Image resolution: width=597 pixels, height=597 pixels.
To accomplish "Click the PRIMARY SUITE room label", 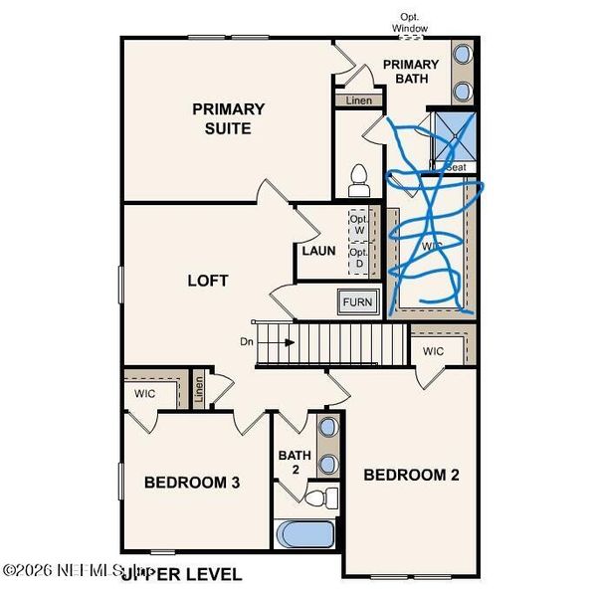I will point(228,118).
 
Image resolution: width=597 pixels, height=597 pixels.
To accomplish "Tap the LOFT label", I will point(208,281).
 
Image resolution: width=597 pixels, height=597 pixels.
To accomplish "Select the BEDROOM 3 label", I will point(191,483).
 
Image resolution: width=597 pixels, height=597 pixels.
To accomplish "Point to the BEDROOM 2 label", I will point(411,475).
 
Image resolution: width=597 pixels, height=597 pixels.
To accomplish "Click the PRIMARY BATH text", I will point(411,72).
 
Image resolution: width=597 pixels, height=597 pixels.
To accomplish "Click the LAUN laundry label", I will point(318,251).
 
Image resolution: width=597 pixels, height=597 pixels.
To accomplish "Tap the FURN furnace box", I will point(357,302).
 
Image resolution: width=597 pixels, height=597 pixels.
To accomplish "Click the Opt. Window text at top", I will point(410,23).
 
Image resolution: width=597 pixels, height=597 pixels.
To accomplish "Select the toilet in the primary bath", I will point(359,180).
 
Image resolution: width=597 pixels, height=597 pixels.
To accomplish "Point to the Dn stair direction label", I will point(247,342).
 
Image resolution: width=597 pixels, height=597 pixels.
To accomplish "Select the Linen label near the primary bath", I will point(358,101).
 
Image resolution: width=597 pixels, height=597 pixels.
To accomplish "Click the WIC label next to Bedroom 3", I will point(146,393).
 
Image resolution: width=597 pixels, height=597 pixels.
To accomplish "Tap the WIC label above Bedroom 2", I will point(433,351).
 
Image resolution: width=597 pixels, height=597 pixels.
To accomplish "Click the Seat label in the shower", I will point(456,167).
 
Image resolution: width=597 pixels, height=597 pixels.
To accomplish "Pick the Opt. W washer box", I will point(358,224).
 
